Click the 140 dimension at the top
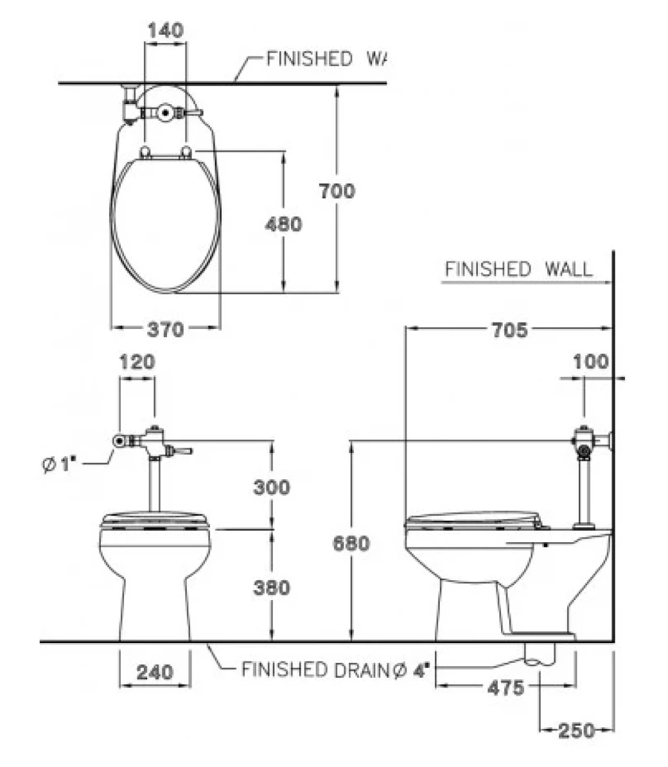(x=166, y=30)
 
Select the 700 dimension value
(x=337, y=191)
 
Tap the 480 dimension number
(x=284, y=225)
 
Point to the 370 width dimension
(x=166, y=330)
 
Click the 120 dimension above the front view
(x=137, y=362)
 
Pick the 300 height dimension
(x=272, y=487)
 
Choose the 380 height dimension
(x=272, y=588)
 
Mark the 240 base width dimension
(x=155, y=672)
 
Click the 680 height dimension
(x=351, y=543)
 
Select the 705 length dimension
(x=510, y=330)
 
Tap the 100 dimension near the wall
(x=591, y=362)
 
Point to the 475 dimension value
(x=505, y=688)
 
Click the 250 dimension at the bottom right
(x=577, y=731)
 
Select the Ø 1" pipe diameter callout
(x=59, y=464)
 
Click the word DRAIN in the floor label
(x=362, y=670)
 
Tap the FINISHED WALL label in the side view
(x=518, y=270)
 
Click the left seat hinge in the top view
(x=145, y=152)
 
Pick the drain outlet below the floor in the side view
(x=540, y=654)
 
